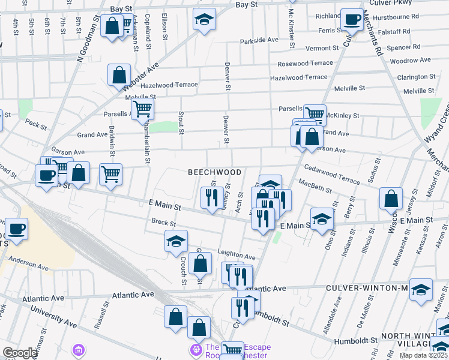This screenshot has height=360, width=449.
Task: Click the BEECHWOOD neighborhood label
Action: (214, 172)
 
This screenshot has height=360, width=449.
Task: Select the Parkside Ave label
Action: (260, 40)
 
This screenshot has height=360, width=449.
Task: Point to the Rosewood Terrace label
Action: (304, 63)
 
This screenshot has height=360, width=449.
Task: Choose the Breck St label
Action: (163, 223)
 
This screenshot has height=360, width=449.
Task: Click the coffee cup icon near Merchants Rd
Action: (351, 19)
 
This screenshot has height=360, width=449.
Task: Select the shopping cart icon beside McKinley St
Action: (315, 113)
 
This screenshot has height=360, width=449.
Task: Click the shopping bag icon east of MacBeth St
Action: (391, 198)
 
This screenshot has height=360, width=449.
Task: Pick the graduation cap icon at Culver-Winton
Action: (421, 289)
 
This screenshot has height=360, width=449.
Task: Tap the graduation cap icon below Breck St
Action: (176, 241)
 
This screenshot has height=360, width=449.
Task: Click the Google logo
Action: (19, 353)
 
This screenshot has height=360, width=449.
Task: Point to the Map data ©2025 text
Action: (423, 355)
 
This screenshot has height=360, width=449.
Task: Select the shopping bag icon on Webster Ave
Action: (119, 75)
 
